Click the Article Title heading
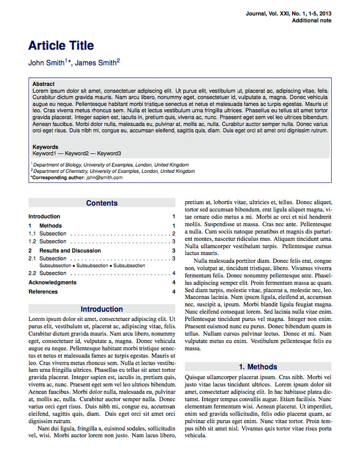[x=61, y=46]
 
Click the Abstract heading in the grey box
[x=43, y=84]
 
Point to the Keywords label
[x=45, y=147]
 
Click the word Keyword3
[x=109, y=153]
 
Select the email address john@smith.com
[x=104, y=177]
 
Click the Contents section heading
[x=102, y=203]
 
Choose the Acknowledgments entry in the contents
[x=52, y=282]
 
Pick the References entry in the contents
[x=43, y=292]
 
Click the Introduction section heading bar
[x=102, y=309]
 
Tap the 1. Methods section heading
[x=258, y=367]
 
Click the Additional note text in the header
[x=312, y=21]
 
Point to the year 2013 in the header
[x=325, y=13]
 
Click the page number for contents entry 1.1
[x=174, y=234]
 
